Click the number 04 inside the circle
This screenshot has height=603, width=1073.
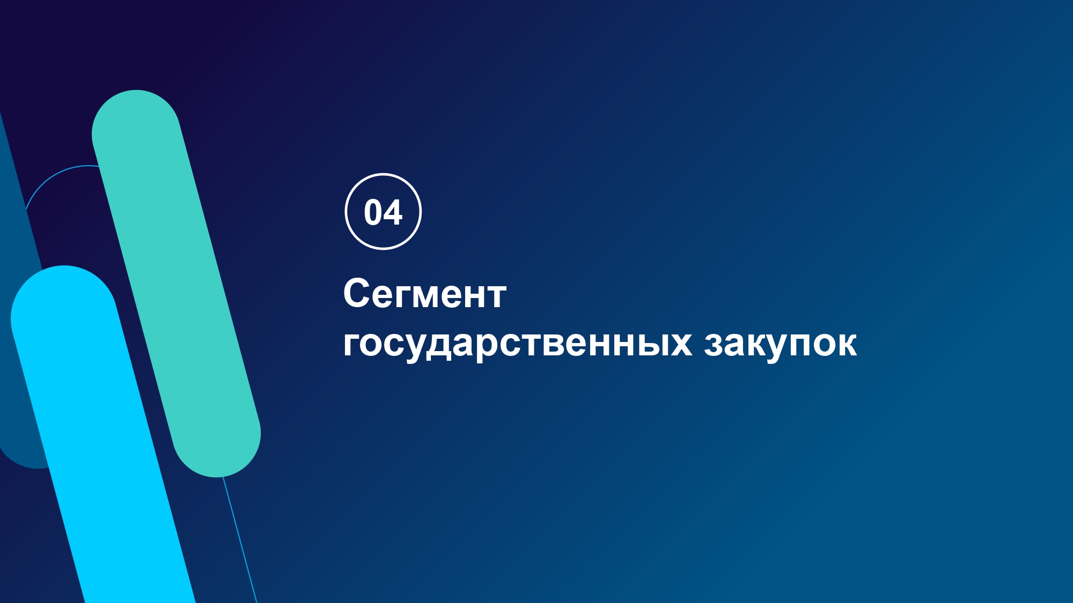(x=383, y=212)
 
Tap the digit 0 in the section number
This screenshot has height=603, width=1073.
(x=373, y=212)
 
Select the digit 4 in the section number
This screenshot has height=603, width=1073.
(x=393, y=212)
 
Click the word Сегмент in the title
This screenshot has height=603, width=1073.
(x=424, y=294)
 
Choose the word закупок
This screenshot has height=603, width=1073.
(x=781, y=343)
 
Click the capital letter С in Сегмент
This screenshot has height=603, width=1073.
(x=358, y=293)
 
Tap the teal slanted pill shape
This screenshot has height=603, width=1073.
(x=176, y=283)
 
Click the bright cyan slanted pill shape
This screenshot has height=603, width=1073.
(x=102, y=434)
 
